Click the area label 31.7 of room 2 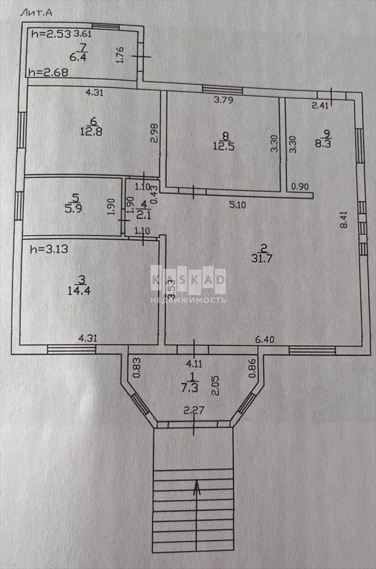[262, 259]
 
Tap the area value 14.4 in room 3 [79, 290]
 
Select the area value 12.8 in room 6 [91, 131]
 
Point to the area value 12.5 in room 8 [224, 146]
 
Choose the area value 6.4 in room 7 [78, 57]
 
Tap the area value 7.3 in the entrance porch [189, 387]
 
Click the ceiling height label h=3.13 [49, 249]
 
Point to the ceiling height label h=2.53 [51, 34]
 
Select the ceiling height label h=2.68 [48, 72]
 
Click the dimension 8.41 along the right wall [344, 219]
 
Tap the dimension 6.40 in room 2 [265, 340]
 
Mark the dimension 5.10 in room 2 [238, 205]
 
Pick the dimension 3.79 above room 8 [223, 100]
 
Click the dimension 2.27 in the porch [194, 411]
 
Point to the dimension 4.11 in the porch [194, 363]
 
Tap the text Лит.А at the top [36, 13]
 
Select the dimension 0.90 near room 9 [300, 187]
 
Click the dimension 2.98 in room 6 [154, 133]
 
